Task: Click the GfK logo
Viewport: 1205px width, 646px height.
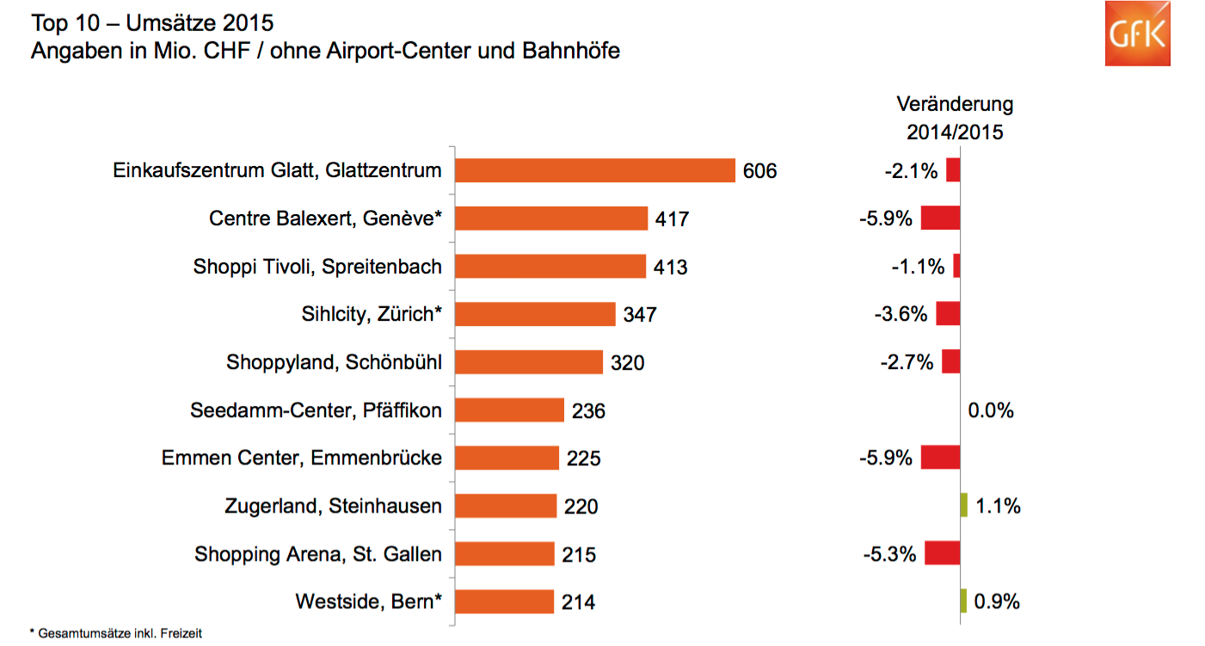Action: [x=1137, y=34]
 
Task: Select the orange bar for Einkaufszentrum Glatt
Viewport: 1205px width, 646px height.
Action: [x=594, y=170]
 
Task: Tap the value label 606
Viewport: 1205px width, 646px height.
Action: [x=759, y=171]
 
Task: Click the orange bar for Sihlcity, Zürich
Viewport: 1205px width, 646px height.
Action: [x=535, y=314]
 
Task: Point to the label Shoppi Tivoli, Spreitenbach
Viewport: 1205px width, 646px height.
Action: [x=317, y=267]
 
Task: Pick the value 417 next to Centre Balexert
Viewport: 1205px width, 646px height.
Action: [x=672, y=219]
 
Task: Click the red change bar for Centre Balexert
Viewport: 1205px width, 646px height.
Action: [x=940, y=218]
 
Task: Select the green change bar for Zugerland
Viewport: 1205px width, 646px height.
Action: [x=964, y=506]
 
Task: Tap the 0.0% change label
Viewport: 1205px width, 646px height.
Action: [x=991, y=410]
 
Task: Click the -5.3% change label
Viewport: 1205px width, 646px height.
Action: [x=889, y=554]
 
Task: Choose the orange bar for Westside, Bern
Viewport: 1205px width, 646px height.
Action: [x=504, y=601]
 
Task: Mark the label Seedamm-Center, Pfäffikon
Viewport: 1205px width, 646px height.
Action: [x=316, y=410]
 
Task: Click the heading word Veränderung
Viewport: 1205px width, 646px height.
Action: [x=955, y=105]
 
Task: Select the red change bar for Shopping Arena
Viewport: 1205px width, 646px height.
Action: [x=943, y=553]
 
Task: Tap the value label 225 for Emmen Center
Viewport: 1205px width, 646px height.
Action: [x=583, y=458]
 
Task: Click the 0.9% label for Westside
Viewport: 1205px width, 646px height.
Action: [x=998, y=601]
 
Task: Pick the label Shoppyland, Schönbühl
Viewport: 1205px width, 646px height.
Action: [x=334, y=362]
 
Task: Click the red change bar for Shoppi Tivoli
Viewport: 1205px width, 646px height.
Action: [x=956, y=267]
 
